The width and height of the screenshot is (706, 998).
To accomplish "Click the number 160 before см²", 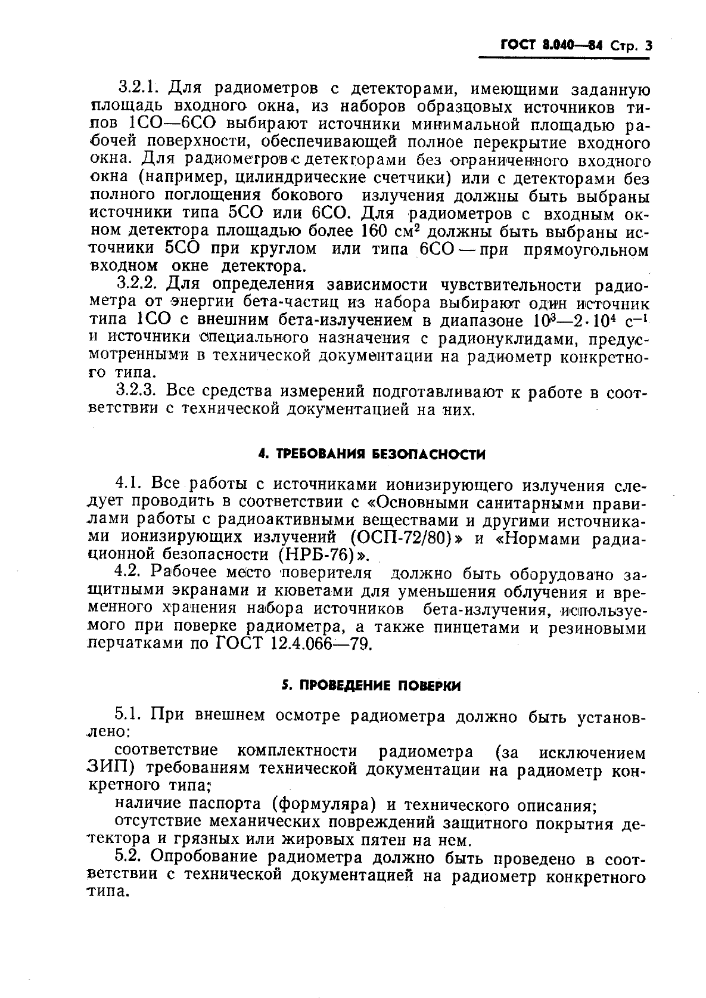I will (375, 231).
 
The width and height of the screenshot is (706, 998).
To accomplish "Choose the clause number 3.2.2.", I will (138, 284).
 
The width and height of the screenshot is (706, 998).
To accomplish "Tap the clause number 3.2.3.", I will (138, 392).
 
